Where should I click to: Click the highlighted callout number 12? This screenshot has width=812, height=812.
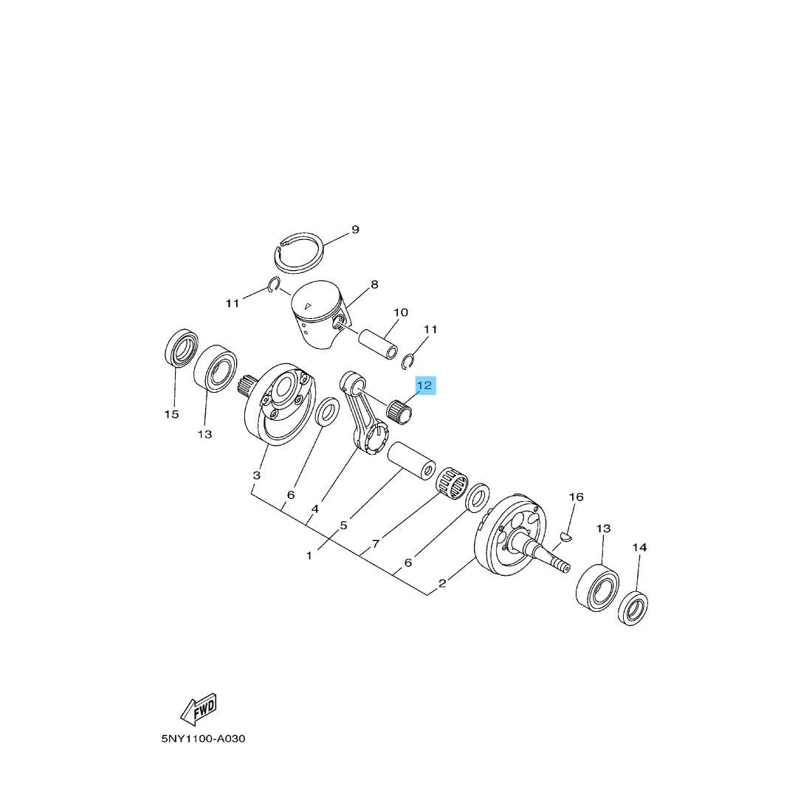[424, 385]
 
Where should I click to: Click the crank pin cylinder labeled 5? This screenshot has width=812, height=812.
[412, 460]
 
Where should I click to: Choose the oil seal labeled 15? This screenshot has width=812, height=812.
[181, 347]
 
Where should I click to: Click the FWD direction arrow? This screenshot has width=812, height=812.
[199, 709]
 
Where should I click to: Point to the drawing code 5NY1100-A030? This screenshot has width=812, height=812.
[203, 738]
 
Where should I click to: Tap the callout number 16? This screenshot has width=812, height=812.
[576, 497]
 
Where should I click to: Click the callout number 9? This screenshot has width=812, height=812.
[355, 230]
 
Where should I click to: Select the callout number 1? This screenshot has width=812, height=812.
[309, 556]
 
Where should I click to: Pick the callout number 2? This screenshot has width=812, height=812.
[442, 583]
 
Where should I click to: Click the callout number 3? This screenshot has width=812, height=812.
[256, 475]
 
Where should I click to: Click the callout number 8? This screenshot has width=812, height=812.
[374, 284]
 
